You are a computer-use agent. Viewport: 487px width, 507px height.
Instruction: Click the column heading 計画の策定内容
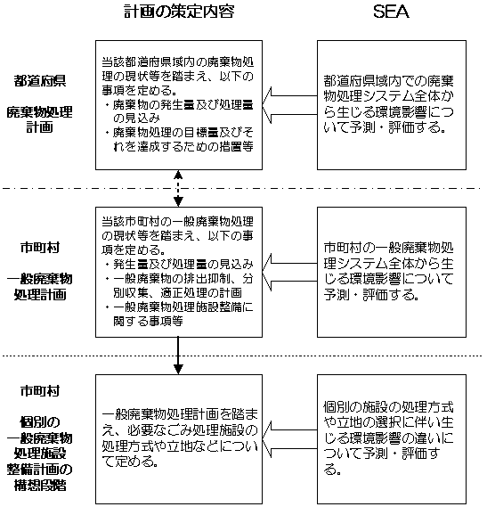(179, 12)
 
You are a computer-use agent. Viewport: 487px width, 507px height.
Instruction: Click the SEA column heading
(391, 12)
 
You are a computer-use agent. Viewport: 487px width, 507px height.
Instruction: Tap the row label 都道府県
(40, 81)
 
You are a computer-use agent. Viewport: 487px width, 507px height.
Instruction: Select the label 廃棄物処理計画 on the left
(40, 119)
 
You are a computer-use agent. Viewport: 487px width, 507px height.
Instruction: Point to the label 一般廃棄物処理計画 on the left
(40, 287)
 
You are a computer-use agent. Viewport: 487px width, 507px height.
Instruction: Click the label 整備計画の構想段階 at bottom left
(40, 478)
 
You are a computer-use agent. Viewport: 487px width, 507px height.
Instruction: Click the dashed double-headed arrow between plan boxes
(178, 189)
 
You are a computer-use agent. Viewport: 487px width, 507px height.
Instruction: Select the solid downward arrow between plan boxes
(178, 356)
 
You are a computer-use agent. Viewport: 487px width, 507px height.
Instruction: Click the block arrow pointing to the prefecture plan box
(289, 105)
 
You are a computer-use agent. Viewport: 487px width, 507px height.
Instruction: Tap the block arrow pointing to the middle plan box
(289, 272)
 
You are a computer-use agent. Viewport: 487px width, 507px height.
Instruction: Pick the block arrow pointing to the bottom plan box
(289, 439)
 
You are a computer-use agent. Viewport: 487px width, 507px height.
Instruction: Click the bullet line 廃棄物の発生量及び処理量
(183, 105)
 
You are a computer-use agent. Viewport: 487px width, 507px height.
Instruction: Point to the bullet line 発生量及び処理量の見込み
(183, 264)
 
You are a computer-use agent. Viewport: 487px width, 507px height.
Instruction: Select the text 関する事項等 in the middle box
(148, 321)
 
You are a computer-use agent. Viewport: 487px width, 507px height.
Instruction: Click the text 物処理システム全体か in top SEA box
(388, 96)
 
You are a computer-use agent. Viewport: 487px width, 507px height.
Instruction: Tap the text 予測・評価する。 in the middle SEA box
(371, 295)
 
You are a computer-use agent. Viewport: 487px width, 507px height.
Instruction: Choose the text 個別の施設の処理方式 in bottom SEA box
(388, 407)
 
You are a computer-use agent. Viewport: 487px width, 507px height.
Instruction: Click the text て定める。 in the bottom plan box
(130, 462)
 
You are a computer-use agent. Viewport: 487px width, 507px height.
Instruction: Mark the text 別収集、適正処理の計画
(177, 292)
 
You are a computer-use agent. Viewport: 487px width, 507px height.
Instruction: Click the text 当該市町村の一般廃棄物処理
(177, 222)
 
